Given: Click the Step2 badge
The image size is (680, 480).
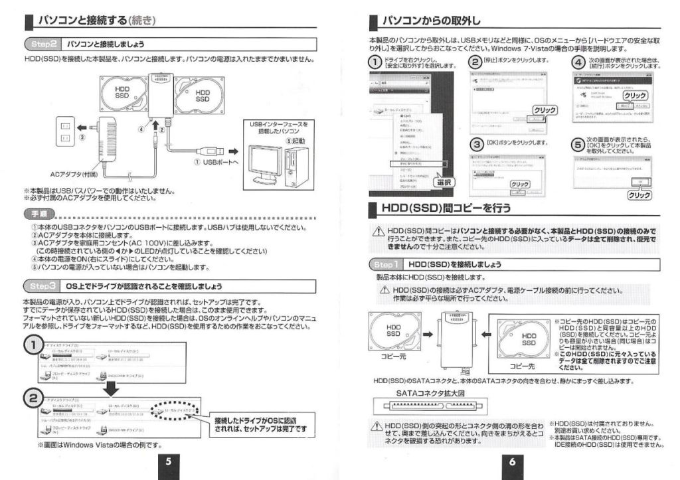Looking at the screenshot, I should pos(44,44).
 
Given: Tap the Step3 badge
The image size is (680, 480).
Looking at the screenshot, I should pos(44,286).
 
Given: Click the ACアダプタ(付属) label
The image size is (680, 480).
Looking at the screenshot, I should pos(77,175).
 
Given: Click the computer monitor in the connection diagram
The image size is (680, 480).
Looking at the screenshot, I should pos(267,159).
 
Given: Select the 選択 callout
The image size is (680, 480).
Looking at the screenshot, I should pos(444,181).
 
